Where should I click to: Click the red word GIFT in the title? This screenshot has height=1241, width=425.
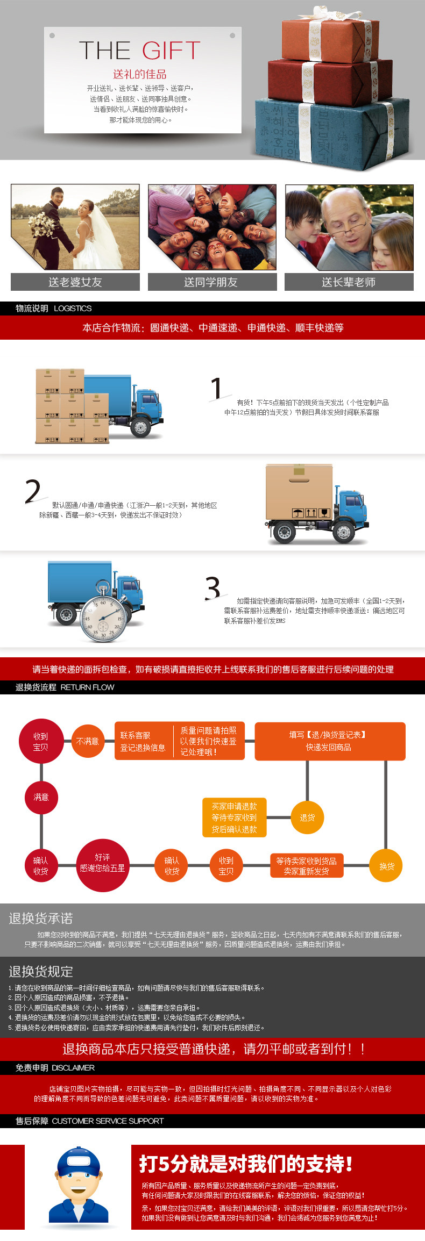click(171, 51)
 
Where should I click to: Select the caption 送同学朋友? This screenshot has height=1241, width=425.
click(211, 282)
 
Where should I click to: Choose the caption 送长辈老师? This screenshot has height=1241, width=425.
click(349, 282)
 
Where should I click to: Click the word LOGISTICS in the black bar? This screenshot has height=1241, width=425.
click(73, 309)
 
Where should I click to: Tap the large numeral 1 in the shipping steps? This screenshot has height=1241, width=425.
click(216, 389)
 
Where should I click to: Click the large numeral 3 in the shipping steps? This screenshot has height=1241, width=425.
click(213, 587)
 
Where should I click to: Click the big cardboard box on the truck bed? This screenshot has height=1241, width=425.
click(299, 492)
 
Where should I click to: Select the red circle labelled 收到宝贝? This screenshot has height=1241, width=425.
click(41, 742)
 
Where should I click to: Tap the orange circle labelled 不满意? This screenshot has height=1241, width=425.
click(88, 741)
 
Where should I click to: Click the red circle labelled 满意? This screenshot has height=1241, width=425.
click(41, 797)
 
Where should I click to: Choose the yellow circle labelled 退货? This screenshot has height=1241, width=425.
click(307, 817)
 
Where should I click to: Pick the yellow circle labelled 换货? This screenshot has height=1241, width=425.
click(386, 866)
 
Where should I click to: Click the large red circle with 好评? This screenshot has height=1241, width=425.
click(102, 863)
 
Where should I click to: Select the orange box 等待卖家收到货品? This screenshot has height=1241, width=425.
click(306, 866)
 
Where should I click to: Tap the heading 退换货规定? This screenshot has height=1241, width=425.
click(41, 972)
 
